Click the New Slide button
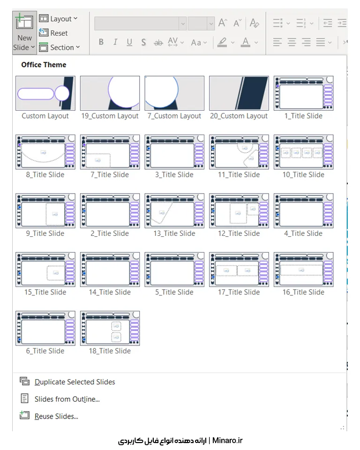click(x=24, y=32)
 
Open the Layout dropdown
click(x=58, y=19)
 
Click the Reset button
click(x=53, y=33)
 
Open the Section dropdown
click(x=60, y=47)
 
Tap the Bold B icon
click(x=101, y=42)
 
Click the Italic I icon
click(x=115, y=42)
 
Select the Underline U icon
click(x=129, y=43)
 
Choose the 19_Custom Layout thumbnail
click(x=110, y=93)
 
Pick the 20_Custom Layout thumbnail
click(x=239, y=93)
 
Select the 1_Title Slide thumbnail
click(x=304, y=93)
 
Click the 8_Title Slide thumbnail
click(x=45, y=152)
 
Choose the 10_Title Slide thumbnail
click(x=304, y=152)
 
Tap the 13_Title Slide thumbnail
click(x=174, y=210)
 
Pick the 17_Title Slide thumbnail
click(x=239, y=270)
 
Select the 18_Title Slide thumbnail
click(x=110, y=328)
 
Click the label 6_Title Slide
click(x=45, y=351)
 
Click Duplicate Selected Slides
click(x=75, y=382)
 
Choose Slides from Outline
click(x=67, y=399)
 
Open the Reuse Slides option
click(x=56, y=416)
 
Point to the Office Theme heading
click(x=44, y=65)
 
